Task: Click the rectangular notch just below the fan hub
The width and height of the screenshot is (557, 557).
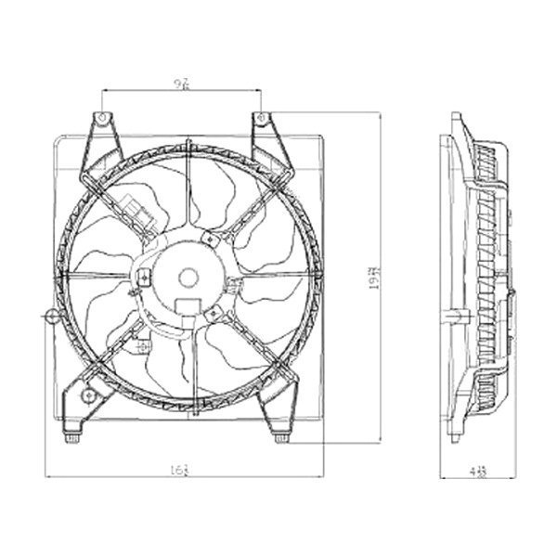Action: [185, 308]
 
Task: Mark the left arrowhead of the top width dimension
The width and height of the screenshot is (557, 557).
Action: [105, 90]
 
